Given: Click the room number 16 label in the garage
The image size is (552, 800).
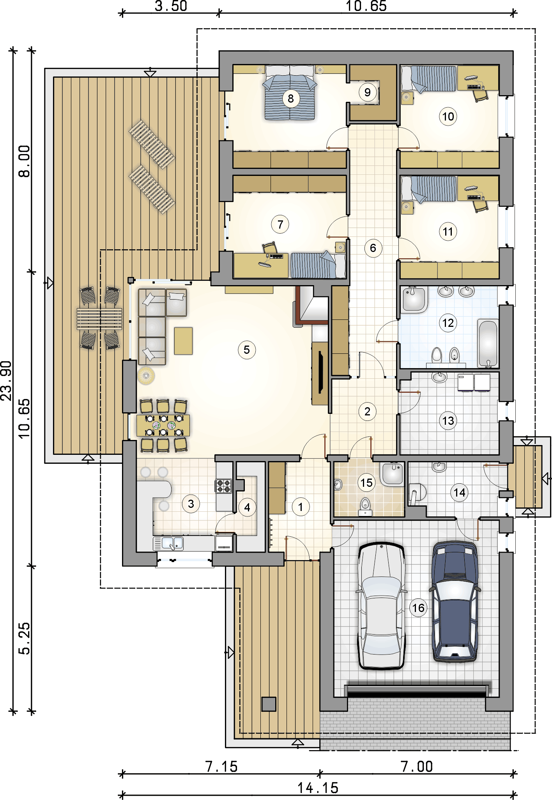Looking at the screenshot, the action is (418, 608).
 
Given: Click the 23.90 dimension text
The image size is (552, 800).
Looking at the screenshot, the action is (7, 381).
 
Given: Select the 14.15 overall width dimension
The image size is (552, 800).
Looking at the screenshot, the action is (318, 788).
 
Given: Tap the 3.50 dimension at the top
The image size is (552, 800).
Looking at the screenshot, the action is (171, 6).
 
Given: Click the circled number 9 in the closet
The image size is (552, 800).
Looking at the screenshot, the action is (367, 92).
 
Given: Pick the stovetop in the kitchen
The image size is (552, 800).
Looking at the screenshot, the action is (224, 486).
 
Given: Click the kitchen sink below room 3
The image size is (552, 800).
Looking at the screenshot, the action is (172, 543).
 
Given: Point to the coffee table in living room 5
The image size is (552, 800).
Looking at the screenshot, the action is (183, 341).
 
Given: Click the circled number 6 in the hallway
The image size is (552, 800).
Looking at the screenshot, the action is (373, 248).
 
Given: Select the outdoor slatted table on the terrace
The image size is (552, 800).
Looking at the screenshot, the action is (99, 319).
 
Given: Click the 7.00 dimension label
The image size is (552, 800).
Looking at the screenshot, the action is (417, 767).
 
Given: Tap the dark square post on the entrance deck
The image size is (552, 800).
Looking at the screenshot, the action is (269, 704).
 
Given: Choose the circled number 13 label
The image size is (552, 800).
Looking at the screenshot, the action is (448, 421).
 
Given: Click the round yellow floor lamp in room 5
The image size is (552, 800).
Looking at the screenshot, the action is (146, 376).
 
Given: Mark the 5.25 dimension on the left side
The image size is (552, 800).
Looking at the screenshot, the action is (24, 639).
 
